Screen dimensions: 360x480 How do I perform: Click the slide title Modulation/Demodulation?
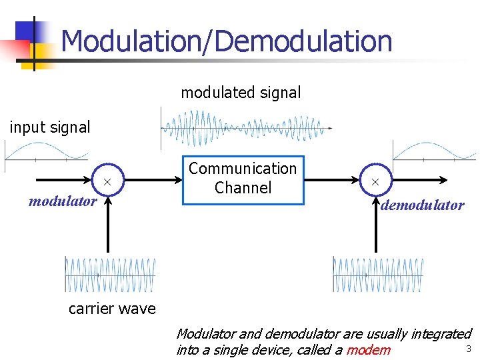pos(226,41)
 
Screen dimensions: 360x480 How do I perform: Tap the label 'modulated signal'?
pos(241,93)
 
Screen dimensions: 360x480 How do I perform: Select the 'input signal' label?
pos(49,127)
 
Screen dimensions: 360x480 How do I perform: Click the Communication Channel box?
pos(243,179)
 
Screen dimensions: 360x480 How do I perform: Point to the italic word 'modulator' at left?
pos(63,201)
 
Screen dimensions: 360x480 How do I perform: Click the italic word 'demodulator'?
pos(422,205)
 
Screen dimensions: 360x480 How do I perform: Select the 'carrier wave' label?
pos(112,309)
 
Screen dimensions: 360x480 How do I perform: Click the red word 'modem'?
pos(369,350)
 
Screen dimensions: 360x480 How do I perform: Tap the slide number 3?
pos(468,349)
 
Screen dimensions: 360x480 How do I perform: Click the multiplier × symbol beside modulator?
pos(107,182)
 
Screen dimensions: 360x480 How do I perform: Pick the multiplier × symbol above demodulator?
pos(375,182)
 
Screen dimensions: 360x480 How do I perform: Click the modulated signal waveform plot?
pos(247,128)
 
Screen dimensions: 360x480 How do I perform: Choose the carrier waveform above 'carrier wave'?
pos(110,274)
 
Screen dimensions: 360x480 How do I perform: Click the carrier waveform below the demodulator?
pos(378,274)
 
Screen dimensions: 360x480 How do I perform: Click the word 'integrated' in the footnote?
pos(440,333)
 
